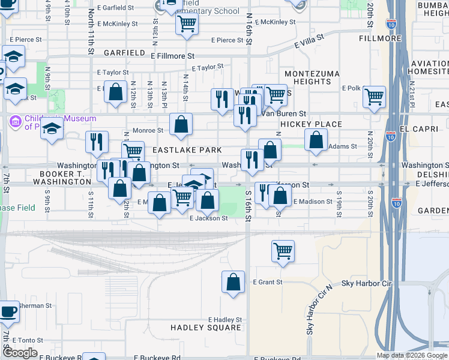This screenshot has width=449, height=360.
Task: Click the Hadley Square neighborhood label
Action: [206, 328]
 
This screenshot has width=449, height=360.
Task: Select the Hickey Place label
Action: [311, 124]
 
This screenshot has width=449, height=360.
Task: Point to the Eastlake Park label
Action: [187, 149]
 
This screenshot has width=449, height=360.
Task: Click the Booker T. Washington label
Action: [62, 176]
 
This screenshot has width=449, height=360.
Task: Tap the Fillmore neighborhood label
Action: [380, 38]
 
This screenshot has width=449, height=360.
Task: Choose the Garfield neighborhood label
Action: [125, 53]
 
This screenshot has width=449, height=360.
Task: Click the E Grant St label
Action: [267, 282]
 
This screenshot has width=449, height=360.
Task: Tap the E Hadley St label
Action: [224, 320]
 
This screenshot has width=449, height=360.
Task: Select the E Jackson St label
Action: [208, 218]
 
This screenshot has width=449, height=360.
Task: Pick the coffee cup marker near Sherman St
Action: [8, 311]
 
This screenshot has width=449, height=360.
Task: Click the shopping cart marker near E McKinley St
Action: [187, 24]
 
